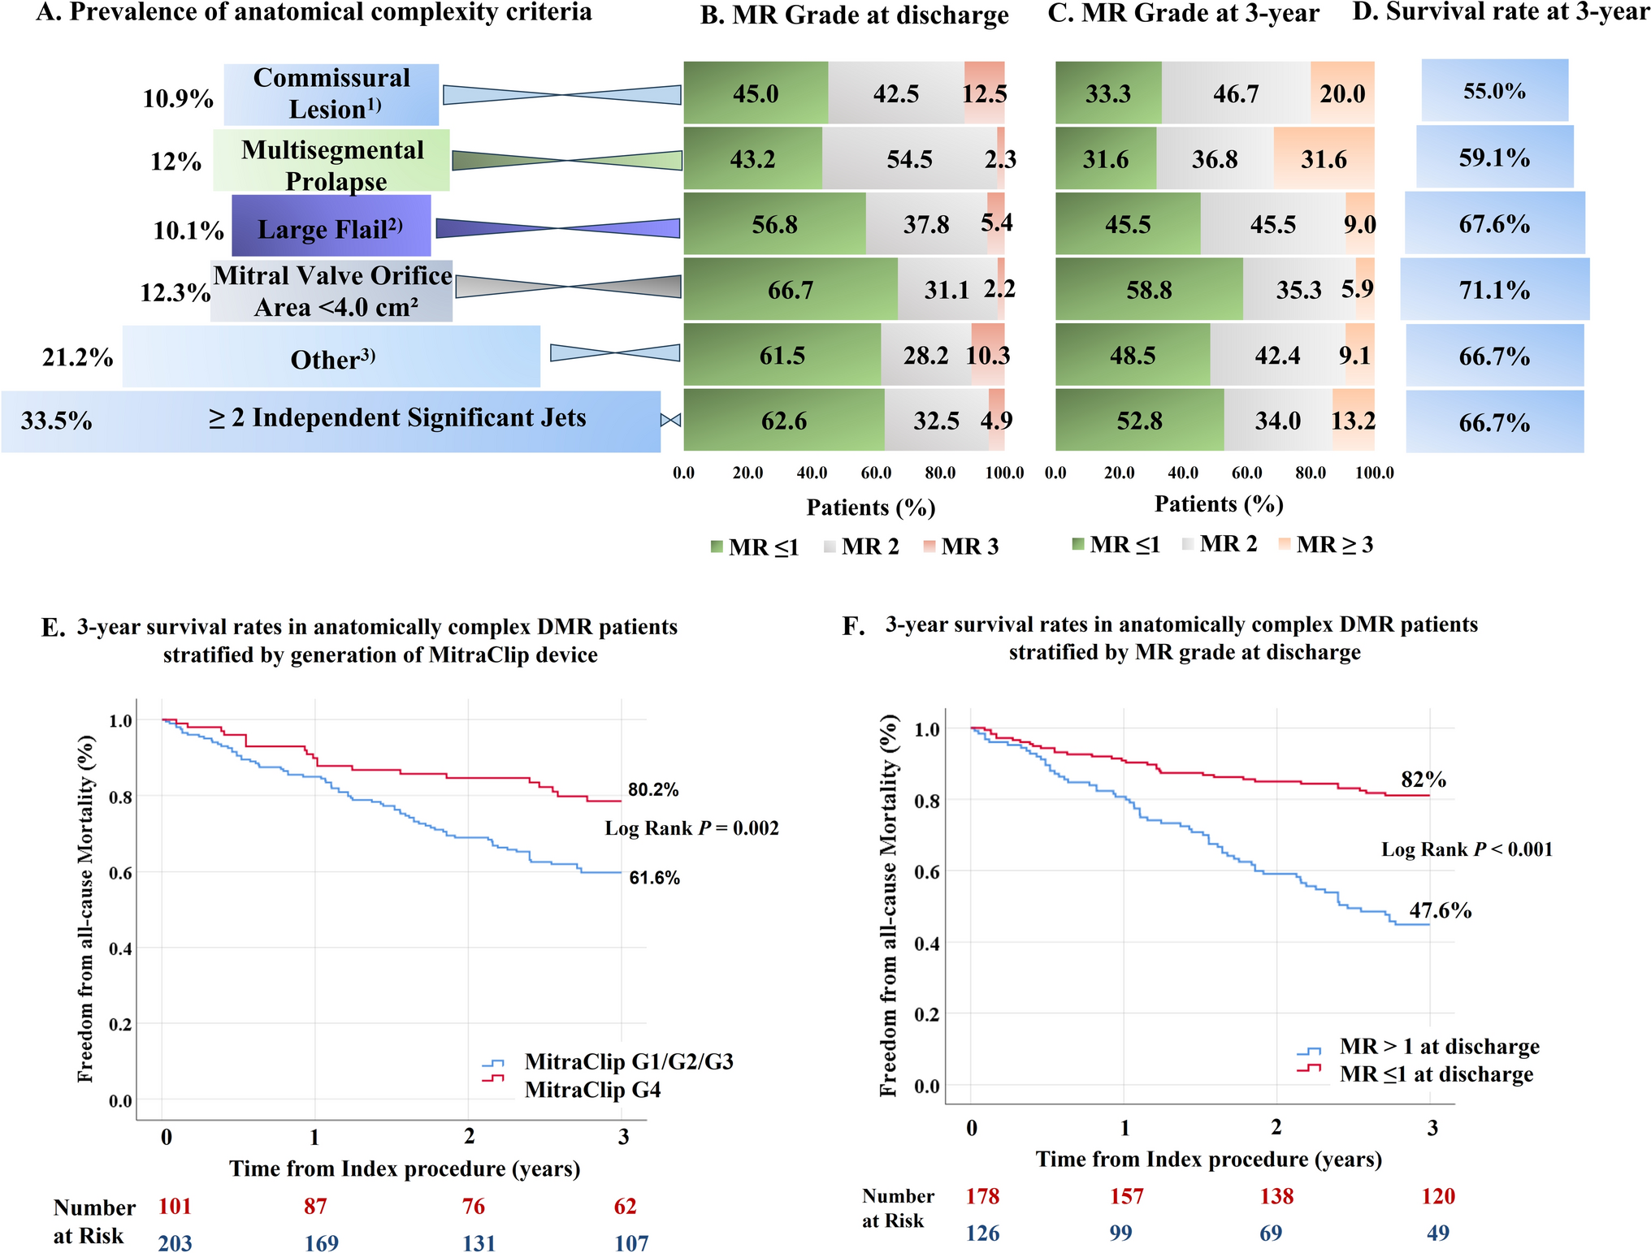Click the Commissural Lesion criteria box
click(x=331, y=94)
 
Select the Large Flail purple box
click(x=331, y=226)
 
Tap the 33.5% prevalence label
click(x=56, y=421)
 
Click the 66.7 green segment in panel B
click(x=790, y=290)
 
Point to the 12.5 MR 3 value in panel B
click(x=985, y=94)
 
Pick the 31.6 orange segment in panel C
click(x=1324, y=159)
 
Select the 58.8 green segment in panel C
click(x=1148, y=290)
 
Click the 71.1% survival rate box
click(x=1494, y=290)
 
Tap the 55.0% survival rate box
click(x=1494, y=91)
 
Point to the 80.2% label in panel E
click(x=653, y=789)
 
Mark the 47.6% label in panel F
click(x=1440, y=910)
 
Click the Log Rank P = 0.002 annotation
click(x=691, y=828)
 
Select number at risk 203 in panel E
click(x=175, y=1243)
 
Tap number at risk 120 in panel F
click(x=1438, y=1196)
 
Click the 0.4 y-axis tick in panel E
click(x=120, y=948)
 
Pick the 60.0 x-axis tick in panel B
click(x=876, y=473)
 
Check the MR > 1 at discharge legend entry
click(x=1439, y=1047)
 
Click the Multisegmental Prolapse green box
click(x=331, y=161)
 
